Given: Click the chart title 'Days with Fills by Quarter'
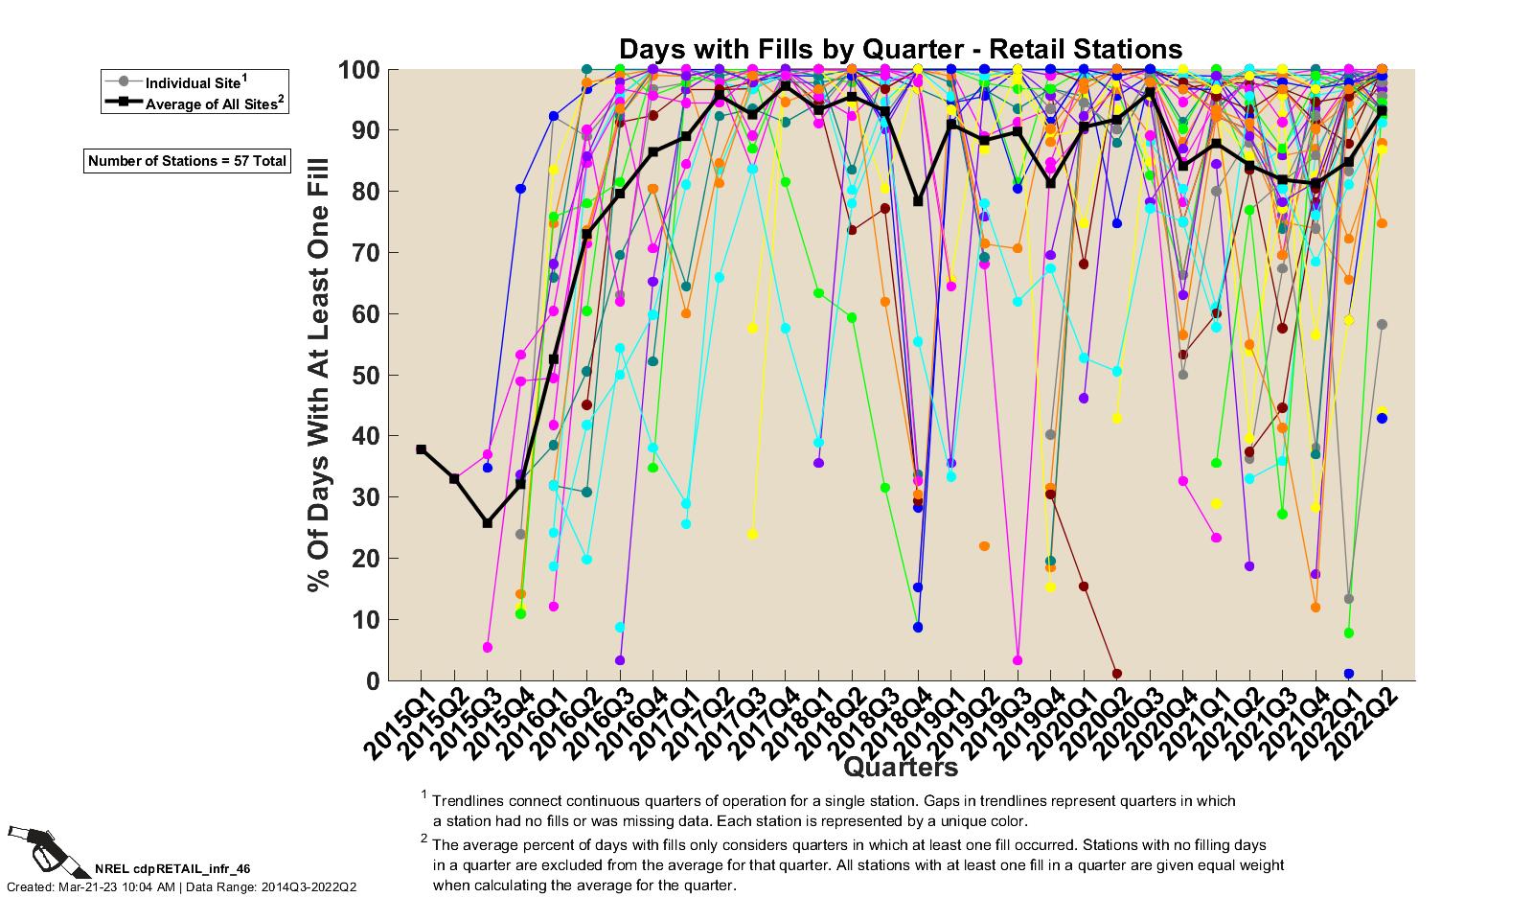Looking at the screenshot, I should click(x=900, y=49).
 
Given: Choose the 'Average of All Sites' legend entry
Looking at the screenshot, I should click(x=214, y=103).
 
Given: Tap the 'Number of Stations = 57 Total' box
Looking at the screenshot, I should click(x=187, y=161).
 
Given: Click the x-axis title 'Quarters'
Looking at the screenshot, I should click(x=900, y=767).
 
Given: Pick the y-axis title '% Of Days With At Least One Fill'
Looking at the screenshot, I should click(x=319, y=375).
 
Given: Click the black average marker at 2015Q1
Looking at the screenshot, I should click(x=422, y=449).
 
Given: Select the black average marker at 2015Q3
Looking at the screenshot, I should click(x=488, y=523).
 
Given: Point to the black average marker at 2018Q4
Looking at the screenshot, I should click(x=918, y=201).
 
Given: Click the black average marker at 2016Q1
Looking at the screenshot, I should click(x=554, y=359).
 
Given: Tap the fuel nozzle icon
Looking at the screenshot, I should click(x=43, y=849).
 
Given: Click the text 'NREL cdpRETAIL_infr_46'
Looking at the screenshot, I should click(x=172, y=869).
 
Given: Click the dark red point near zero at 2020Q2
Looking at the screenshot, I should click(x=1117, y=674).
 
